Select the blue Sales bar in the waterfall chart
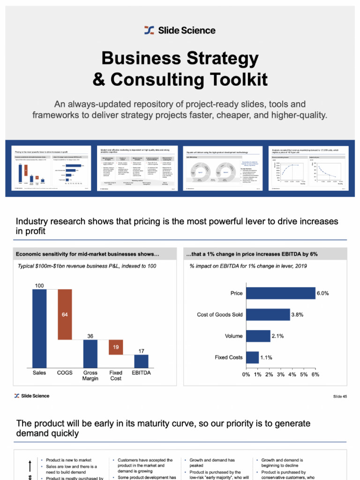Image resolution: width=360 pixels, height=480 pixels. tap(39, 328)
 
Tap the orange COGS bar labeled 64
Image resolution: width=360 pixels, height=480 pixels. tap(65, 314)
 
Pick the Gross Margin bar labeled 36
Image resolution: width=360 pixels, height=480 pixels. tap(90, 353)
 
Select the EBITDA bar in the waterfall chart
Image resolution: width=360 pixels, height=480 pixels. tap(141, 360)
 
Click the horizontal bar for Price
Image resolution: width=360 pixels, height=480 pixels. tap(280, 293)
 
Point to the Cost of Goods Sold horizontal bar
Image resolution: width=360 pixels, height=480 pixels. tap(268, 315)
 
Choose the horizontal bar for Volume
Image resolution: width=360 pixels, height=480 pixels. tap(258, 336)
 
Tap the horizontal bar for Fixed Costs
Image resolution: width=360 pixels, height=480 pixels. tap(252, 357)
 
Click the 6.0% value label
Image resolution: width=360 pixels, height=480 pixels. tap(322, 293)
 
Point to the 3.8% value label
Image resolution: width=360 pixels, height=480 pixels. tap(297, 315)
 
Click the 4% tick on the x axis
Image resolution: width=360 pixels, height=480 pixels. tap(292, 375)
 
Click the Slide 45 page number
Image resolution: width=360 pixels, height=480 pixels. tap(340, 397)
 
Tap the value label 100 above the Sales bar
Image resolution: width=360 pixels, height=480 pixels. tap(39, 285)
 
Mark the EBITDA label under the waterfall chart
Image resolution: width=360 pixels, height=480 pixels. tap(141, 373)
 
